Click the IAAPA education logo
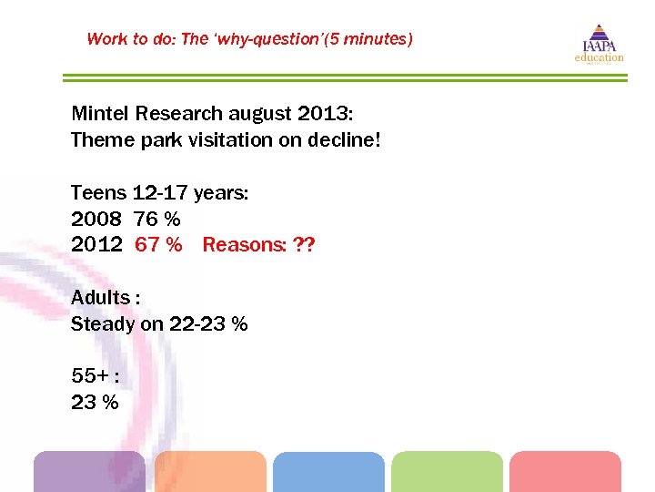[599, 44]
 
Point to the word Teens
[98, 193]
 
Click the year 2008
[96, 220]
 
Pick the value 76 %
[157, 220]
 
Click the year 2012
[96, 245]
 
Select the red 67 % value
[158, 245]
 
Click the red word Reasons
[241, 245]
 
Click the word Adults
[101, 298]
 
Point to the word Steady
[102, 324]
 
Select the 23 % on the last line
[95, 403]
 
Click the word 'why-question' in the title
[262, 39]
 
